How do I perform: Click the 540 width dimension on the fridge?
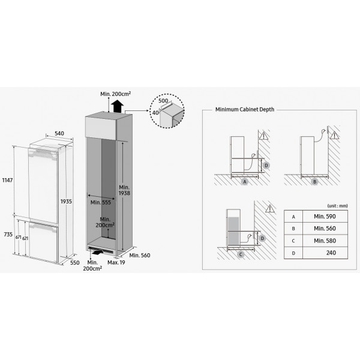coord(59,133)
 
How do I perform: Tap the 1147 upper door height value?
coord(7,180)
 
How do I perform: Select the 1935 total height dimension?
coord(66,202)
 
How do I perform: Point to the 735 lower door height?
coord(8,235)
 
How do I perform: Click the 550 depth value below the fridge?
coord(74,263)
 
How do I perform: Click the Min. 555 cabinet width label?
coord(101,202)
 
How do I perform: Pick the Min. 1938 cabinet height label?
coord(124,190)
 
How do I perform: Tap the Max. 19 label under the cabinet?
coord(116,262)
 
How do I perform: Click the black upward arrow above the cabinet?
coord(118,106)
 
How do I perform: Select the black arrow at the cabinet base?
coord(97,252)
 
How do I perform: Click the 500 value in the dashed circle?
coord(163,101)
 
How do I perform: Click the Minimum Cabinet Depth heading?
coord(245,110)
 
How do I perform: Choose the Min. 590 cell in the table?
coord(325,216)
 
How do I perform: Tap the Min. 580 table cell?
coord(325,241)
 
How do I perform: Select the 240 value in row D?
coord(331,253)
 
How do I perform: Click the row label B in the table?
coord(293,229)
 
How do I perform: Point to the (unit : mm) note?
coord(337,206)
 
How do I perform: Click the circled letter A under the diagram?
coord(245,182)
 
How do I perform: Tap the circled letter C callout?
coord(241,254)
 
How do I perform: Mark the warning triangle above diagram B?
coord(335,135)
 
